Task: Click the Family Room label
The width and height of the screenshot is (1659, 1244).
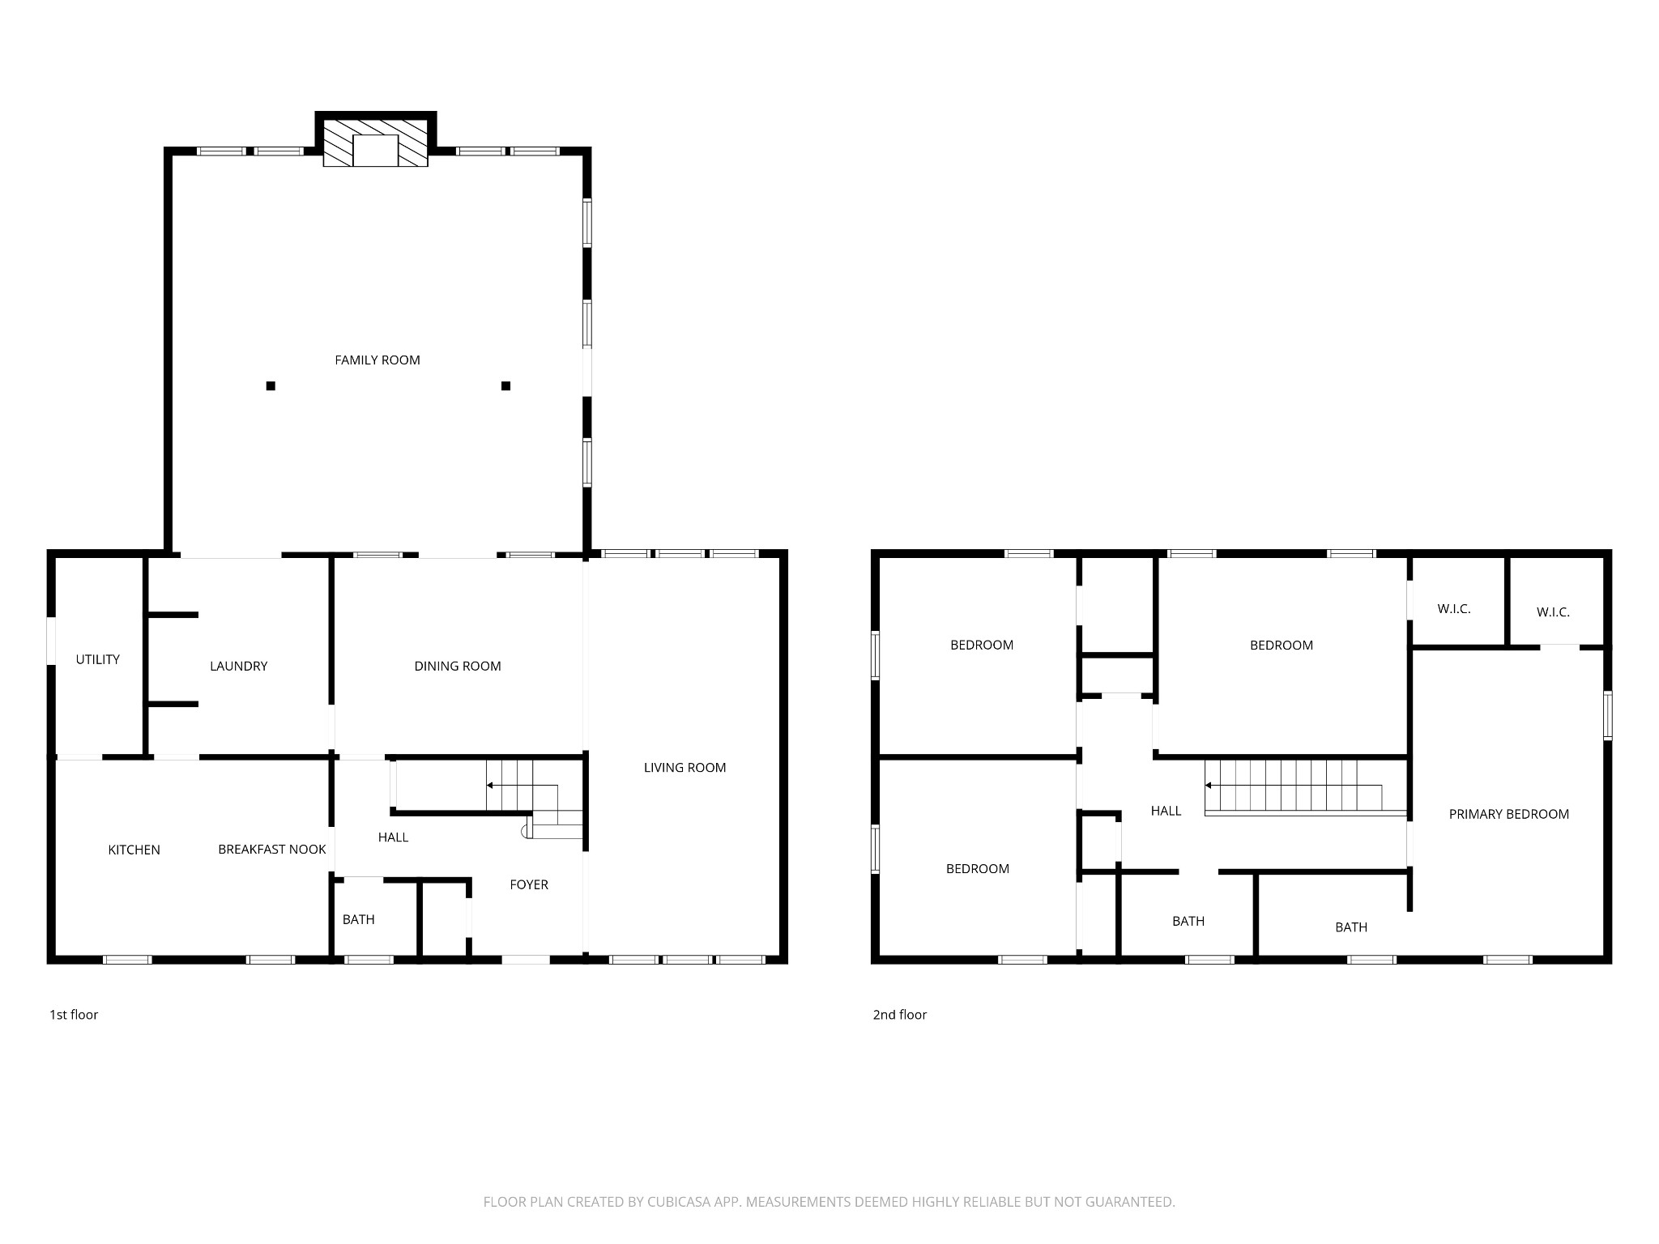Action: [377, 360]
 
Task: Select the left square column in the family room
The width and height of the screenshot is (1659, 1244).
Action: [271, 386]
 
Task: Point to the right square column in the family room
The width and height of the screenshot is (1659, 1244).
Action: [505, 386]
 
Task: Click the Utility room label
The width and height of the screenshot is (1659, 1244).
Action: [98, 659]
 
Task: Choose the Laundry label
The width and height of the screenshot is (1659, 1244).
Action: [238, 666]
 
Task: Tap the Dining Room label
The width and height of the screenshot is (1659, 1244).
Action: [458, 666]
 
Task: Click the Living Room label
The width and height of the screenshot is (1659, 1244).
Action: [684, 767]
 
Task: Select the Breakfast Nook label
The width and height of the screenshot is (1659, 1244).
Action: [272, 849]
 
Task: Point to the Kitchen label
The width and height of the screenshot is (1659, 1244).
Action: [134, 850]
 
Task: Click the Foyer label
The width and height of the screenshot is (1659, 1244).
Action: [529, 884]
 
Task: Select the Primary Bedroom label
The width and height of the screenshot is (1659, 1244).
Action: [1509, 814]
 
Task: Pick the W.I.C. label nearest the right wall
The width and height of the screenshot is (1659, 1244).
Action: [1553, 612]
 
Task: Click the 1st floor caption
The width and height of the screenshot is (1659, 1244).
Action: [74, 1015]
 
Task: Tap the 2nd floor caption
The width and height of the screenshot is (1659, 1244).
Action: [899, 1015]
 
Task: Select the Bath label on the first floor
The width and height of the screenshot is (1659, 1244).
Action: [358, 919]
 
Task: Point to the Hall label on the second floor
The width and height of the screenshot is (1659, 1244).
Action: [1166, 811]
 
